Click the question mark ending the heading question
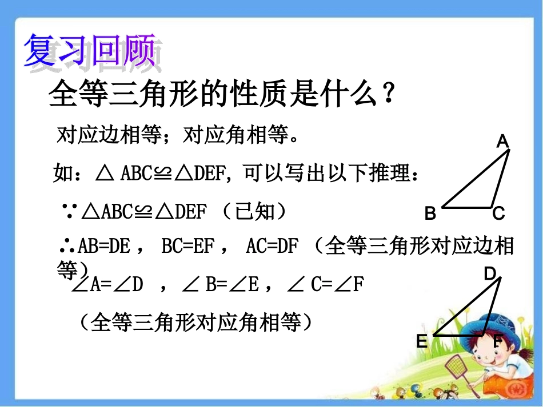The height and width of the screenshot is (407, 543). (x=388, y=94)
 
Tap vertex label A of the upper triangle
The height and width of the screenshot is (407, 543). (x=502, y=142)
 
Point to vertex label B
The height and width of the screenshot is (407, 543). (x=430, y=214)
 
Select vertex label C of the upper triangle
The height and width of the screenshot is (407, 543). (x=498, y=214)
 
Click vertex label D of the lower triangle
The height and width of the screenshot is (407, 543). (x=490, y=275)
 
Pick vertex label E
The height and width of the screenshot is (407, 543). (x=422, y=341)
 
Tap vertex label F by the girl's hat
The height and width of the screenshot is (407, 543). (x=497, y=342)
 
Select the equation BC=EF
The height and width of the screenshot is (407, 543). (x=189, y=247)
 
